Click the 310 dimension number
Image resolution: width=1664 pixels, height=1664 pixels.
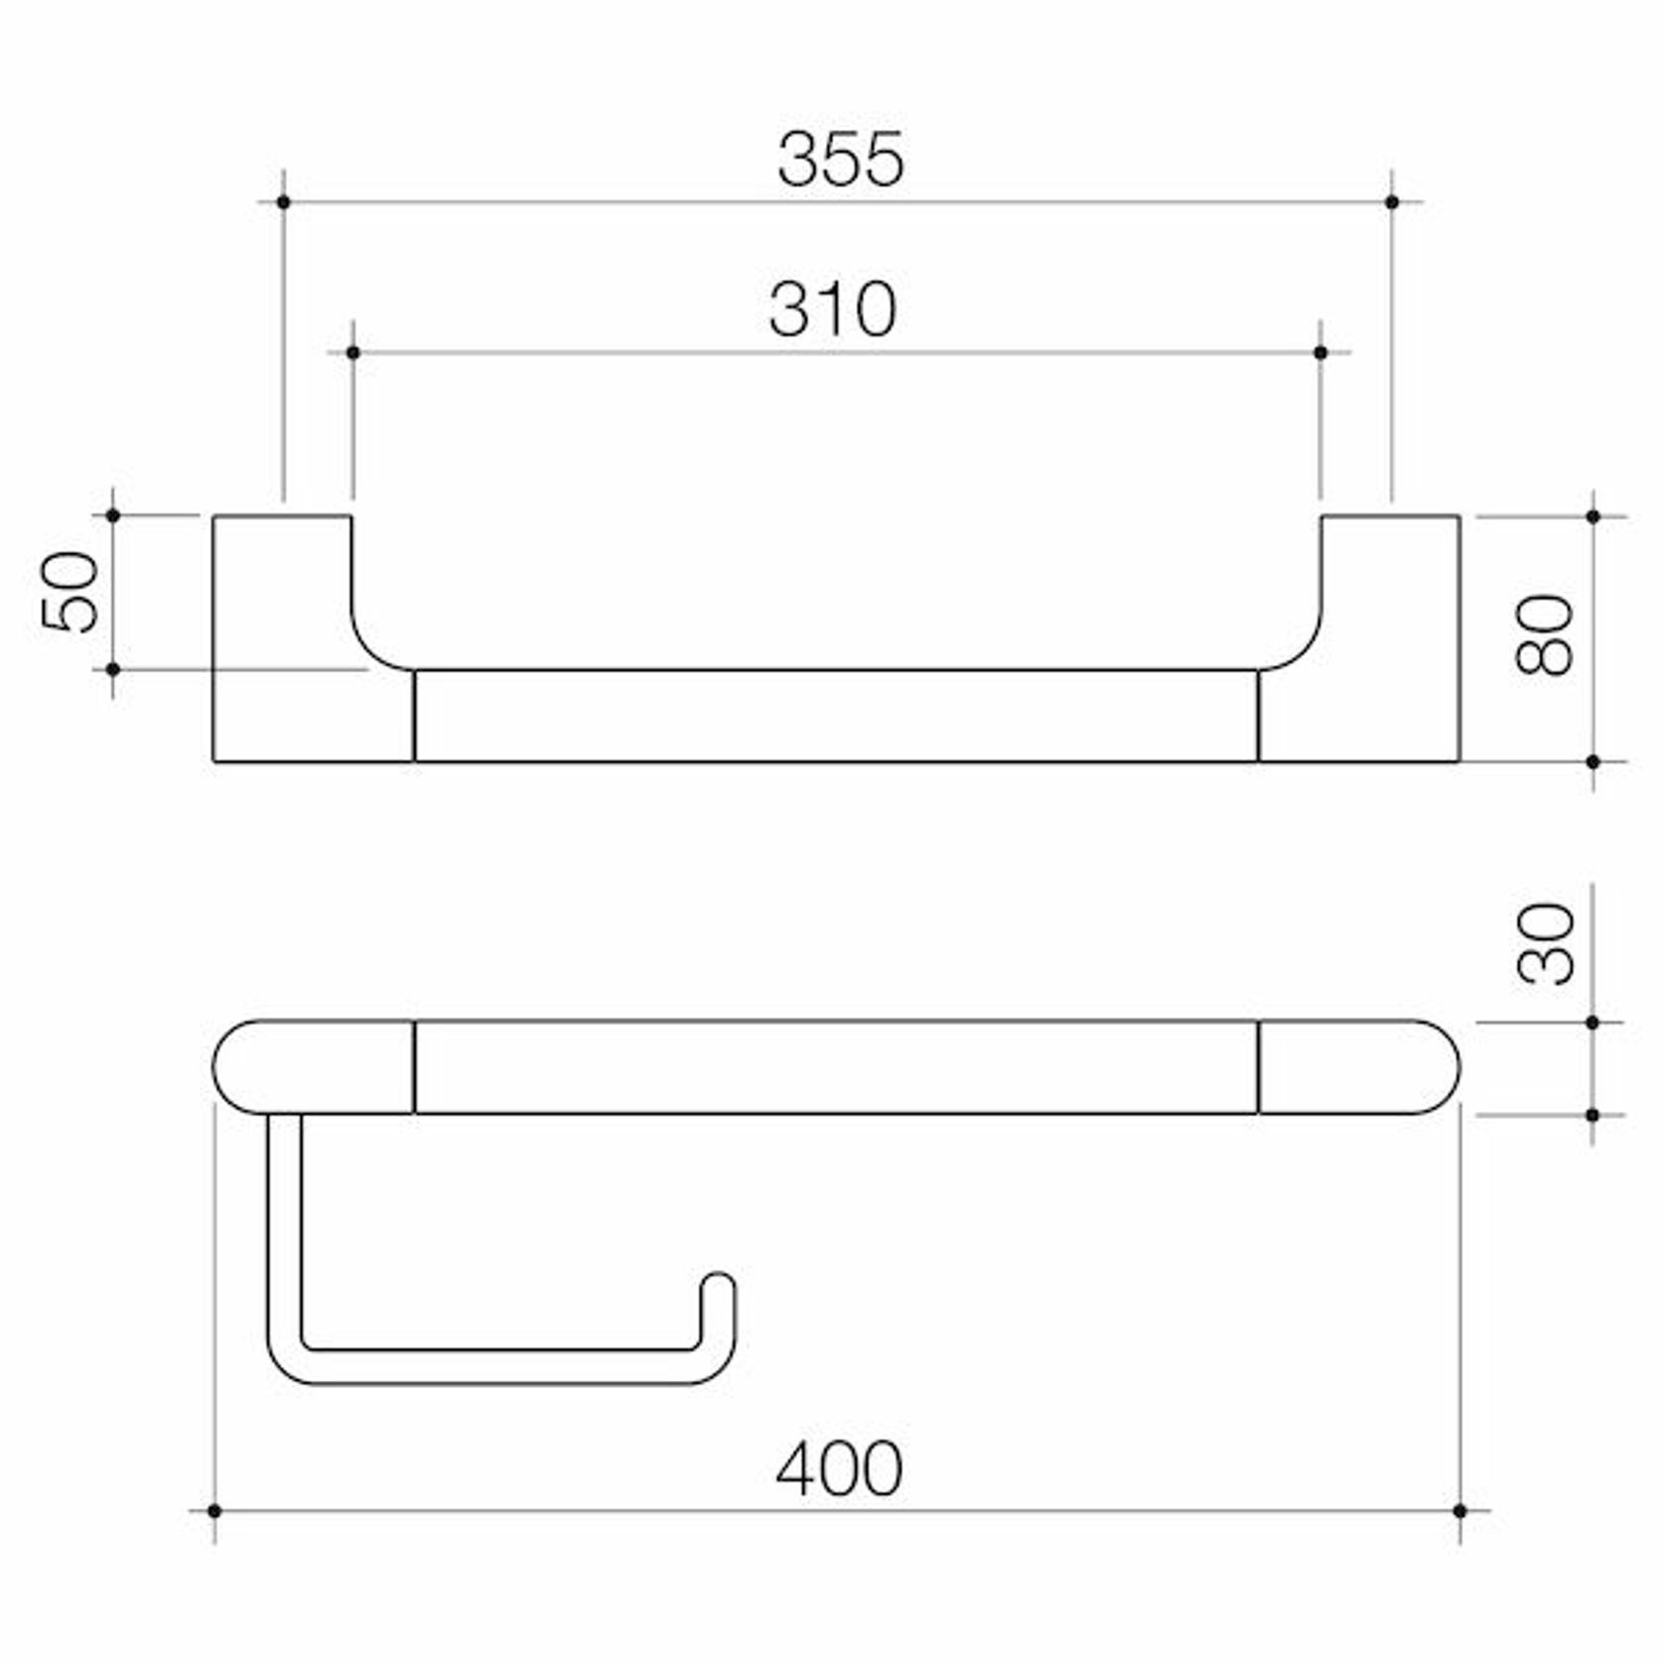(x=832, y=310)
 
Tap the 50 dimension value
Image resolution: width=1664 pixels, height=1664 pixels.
(x=70, y=592)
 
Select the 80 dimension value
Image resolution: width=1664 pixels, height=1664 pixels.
(x=1545, y=635)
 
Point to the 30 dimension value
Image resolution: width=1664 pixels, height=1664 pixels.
(x=1546, y=944)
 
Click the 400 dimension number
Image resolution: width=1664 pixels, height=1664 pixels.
(x=839, y=1469)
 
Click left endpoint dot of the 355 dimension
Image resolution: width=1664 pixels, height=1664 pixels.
(x=284, y=203)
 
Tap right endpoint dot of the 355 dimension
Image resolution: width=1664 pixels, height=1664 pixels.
(x=1391, y=203)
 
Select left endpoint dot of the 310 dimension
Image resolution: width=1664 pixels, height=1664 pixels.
(x=352, y=352)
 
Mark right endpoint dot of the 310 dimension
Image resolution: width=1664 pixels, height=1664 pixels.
(x=1319, y=352)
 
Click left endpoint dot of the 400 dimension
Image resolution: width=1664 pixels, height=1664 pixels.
(x=214, y=1511)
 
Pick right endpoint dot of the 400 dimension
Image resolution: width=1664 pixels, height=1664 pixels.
(x=1459, y=1511)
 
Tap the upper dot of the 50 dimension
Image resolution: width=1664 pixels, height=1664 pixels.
(x=113, y=516)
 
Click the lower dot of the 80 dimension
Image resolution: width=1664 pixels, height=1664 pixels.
(x=1593, y=762)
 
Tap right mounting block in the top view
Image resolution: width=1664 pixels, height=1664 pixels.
(x=1390, y=635)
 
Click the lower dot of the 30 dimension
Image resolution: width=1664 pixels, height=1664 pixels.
(x=1593, y=1115)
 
